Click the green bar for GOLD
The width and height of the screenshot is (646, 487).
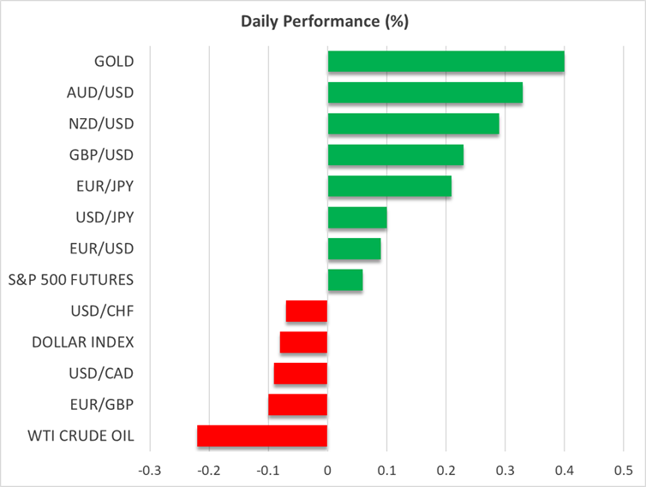(x=446, y=62)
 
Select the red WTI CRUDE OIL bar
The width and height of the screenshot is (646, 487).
(x=262, y=436)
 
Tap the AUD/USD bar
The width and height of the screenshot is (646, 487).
(x=425, y=92)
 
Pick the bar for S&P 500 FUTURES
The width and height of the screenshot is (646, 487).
(x=345, y=280)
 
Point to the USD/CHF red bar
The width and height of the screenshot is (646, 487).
(x=307, y=312)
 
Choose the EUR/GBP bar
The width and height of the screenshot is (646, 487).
(x=298, y=405)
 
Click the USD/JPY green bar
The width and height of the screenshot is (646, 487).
(x=357, y=217)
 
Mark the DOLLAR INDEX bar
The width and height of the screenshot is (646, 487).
(x=303, y=342)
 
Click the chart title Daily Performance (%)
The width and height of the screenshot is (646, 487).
(x=325, y=21)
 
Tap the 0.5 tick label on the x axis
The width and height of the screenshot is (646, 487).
(x=624, y=470)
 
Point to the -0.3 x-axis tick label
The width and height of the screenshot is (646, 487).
(x=149, y=470)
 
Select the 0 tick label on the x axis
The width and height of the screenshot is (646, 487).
(x=327, y=470)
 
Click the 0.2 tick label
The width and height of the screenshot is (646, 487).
(x=446, y=470)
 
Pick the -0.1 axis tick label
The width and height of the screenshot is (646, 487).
(x=268, y=470)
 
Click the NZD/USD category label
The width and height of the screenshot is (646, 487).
(x=101, y=124)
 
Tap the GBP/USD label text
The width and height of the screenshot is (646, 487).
(x=101, y=155)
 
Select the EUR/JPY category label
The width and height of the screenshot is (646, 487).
(x=105, y=187)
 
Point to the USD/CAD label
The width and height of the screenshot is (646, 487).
(x=101, y=373)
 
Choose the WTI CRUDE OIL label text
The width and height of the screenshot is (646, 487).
(x=81, y=436)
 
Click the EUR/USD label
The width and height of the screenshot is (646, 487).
(x=102, y=249)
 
